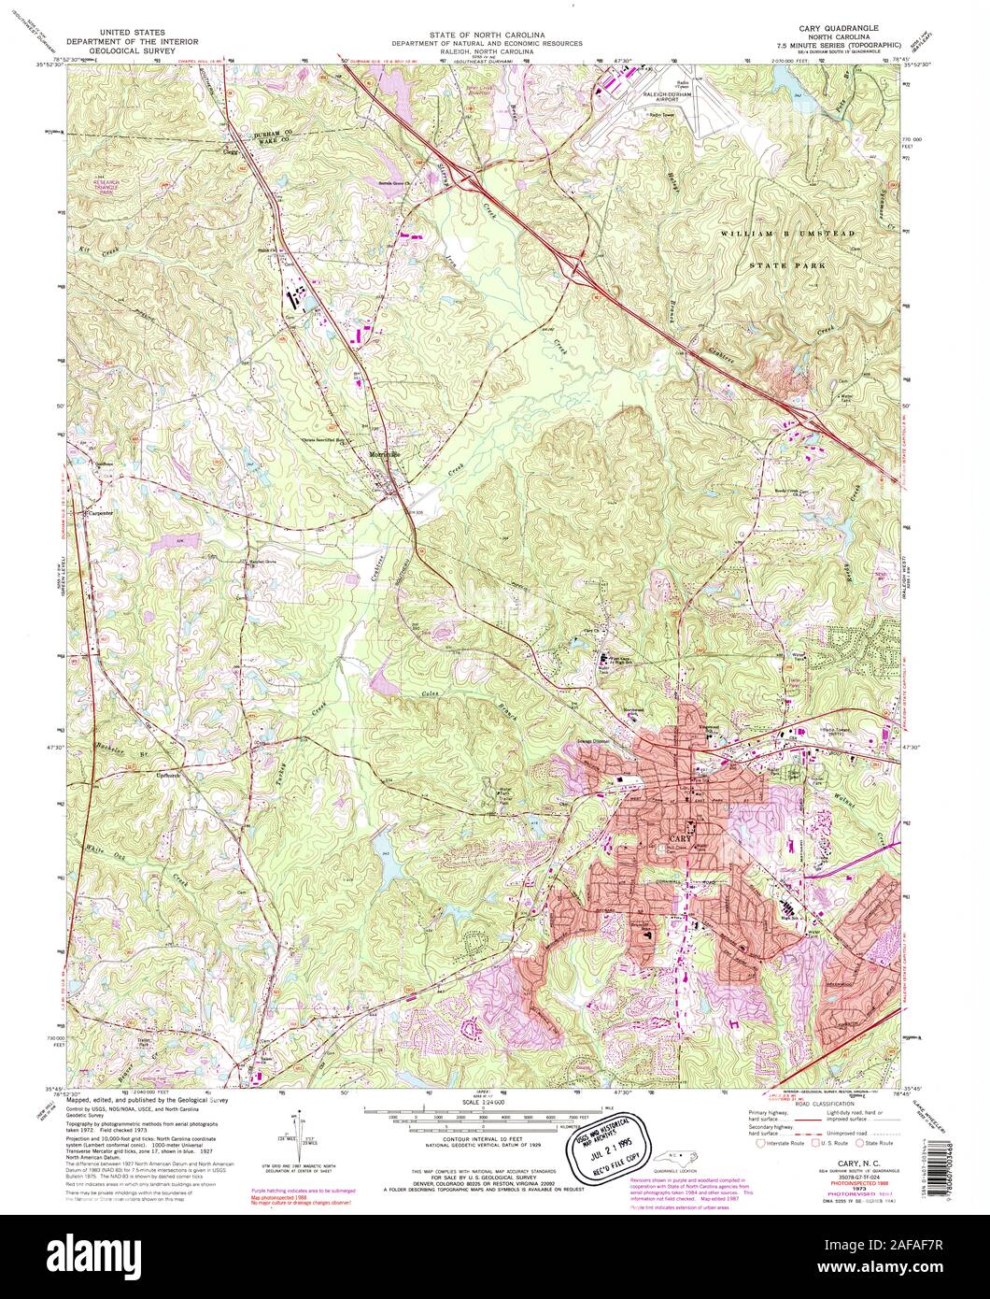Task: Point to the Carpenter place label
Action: pyautogui.click(x=100, y=513)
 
